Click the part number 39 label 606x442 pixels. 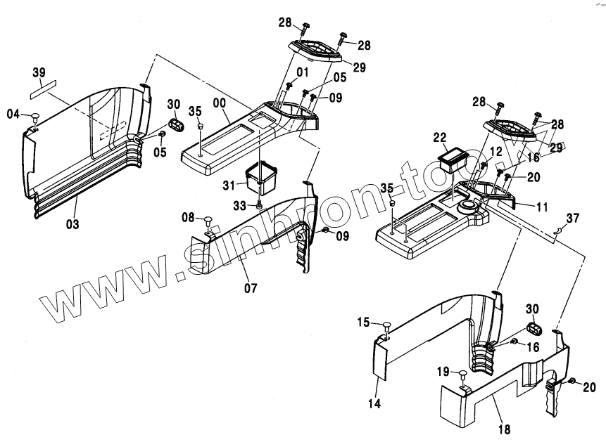pyautogui.click(x=39, y=72)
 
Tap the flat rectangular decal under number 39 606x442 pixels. pyautogui.click(x=42, y=89)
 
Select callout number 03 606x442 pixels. pyautogui.click(x=72, y=224)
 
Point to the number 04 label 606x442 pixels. pyautogui.click(x=14, y=114)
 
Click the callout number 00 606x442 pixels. pyautogui.click(x=219, y=103)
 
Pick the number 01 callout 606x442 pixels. pyautogui.click(x=302, y=72)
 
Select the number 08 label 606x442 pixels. pyautogui.click(x=188, y=218)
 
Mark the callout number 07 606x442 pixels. pyautogui.click(x=251, y=287)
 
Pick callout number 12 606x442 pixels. pyautogui.click(x=495, y=150)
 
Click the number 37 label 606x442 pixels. pyautogui.click(x=573, y=219)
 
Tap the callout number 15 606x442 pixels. pyautogui.click(x=363, y=323)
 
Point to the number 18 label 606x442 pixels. pyautogui.click(x=505, y=429)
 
